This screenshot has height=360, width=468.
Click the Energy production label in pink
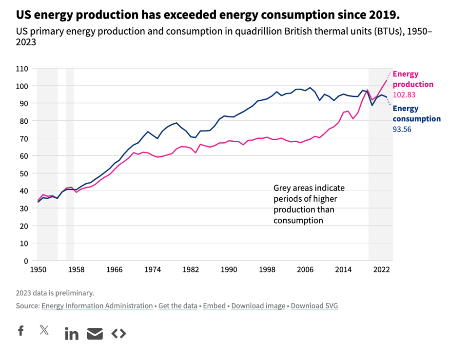tap(413, 79)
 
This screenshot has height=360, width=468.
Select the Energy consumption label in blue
tap(416, 114)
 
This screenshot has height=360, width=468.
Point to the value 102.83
tap(404, 95)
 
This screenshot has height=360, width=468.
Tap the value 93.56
tap(402, 129)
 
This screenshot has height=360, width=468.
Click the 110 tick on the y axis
tap(23, 68)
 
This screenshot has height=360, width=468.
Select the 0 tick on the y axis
tap(26, 261)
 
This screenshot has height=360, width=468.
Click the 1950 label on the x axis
tap(38, 269)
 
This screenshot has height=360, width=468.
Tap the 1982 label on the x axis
tap(191, 269)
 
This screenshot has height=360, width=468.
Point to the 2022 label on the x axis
tap(382, 269)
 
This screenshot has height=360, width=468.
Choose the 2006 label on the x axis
tap(305, 269)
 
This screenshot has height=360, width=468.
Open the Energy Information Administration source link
tap(97, 306)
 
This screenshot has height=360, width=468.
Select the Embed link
tap(214, 306)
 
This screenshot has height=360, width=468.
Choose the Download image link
tap(258, 306)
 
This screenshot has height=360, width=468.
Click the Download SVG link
tap(314, 306)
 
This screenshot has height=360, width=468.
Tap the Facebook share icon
tap(20, 331)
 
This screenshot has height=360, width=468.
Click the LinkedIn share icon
tap(72, 334)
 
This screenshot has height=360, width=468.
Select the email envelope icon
tap(95, 334)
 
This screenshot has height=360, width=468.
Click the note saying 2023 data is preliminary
tap(55, 293)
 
